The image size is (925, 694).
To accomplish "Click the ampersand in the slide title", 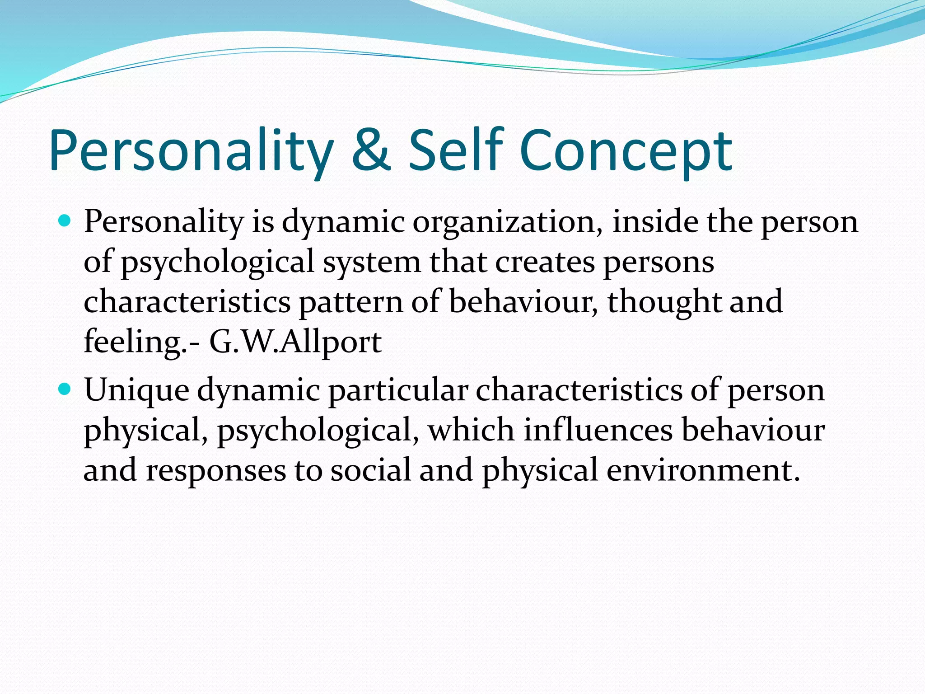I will point(370,151).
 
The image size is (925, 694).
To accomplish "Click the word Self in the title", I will point(456,150).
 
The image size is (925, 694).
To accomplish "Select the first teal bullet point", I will point(65,221).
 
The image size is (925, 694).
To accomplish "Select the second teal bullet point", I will point(65,389).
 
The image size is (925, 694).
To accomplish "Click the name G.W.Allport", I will point(295,342).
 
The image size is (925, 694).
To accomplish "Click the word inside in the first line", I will point(654,222).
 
